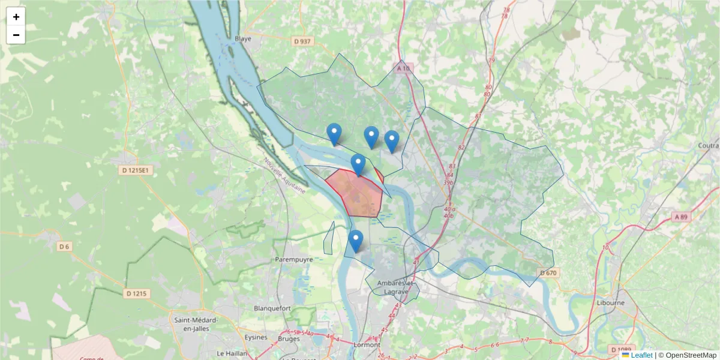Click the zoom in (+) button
tap(16, 17)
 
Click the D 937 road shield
tap(303, 41)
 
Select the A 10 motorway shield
tap(404, 68)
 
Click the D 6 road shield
tap(65, 247)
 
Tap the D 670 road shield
tap(548, 273)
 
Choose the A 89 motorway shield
tap(680, 217)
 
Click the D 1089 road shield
tap(621, 349)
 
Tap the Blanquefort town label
tap(272, 308)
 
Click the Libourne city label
tap(610, 302)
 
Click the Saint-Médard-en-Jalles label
tap(196, 325)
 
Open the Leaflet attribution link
tap(641, 355)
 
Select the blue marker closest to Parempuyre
tap(356, 241)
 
